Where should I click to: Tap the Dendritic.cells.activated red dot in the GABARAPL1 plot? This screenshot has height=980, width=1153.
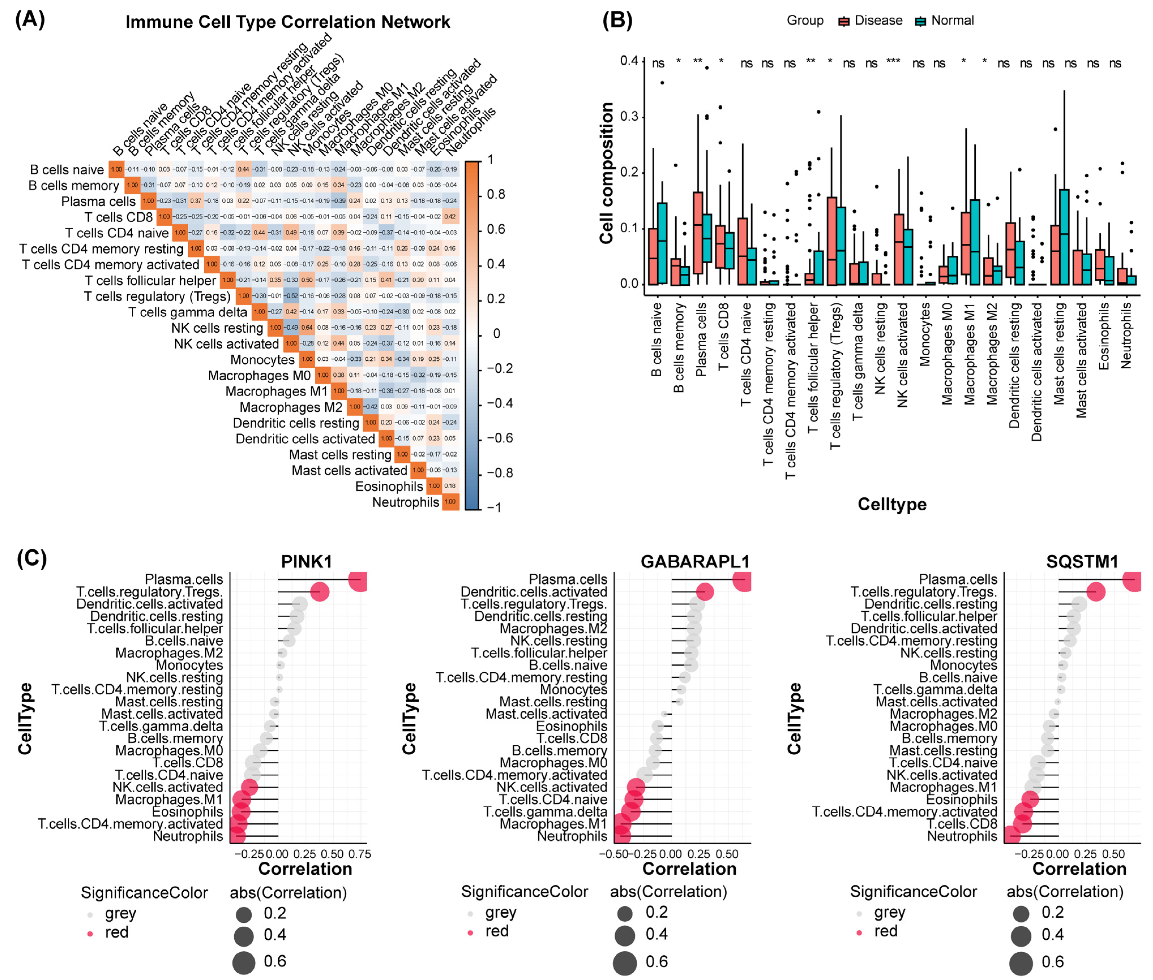click(704, 592)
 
